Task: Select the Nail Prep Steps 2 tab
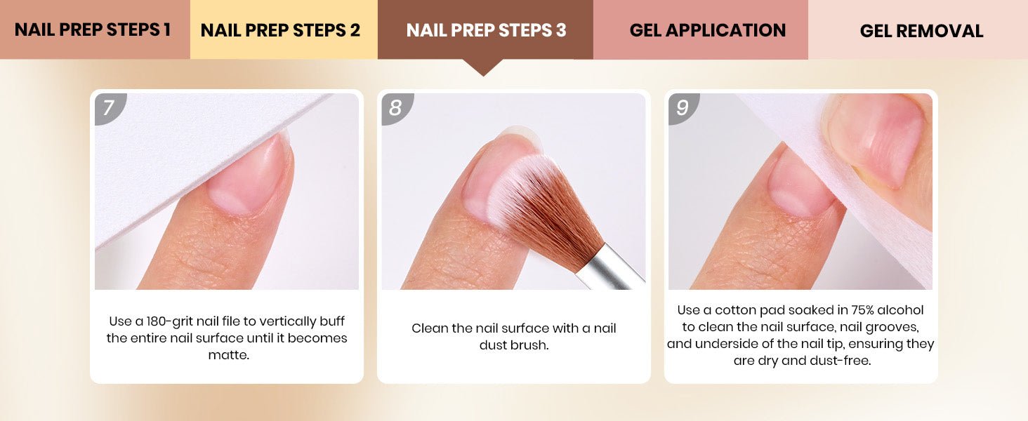[284, 29]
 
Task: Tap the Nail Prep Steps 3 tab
[485, 29]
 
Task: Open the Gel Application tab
[701, 29]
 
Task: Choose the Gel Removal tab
[918, 29]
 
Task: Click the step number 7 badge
[109, 108]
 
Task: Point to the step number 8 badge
[395, 108]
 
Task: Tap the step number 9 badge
[683, 108]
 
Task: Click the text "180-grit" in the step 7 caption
[170, 321]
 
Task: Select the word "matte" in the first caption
[227, 355]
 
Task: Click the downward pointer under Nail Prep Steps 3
[483, 67]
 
